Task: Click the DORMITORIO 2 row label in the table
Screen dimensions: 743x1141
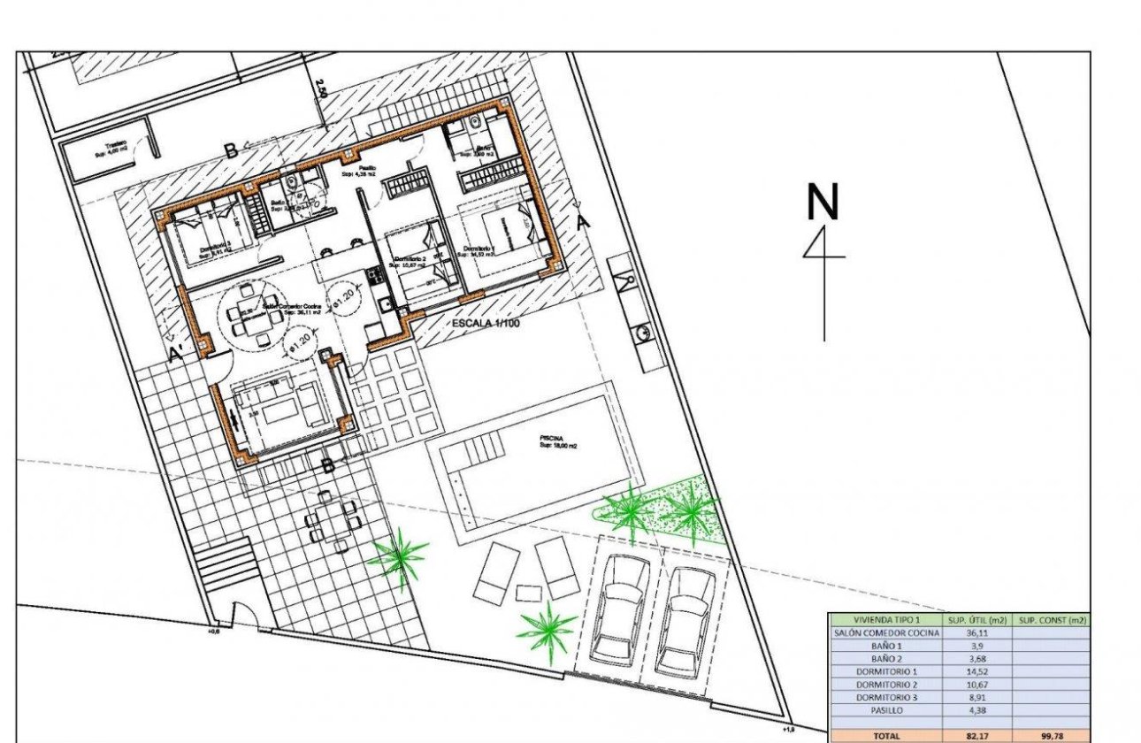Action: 884,685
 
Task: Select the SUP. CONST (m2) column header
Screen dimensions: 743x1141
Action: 1053,621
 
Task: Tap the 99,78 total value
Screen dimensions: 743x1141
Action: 1053,735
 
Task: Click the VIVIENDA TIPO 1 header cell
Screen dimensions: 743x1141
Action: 884,621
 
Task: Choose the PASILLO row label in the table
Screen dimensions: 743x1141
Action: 884,709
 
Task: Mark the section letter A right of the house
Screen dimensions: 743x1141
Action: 581,222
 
